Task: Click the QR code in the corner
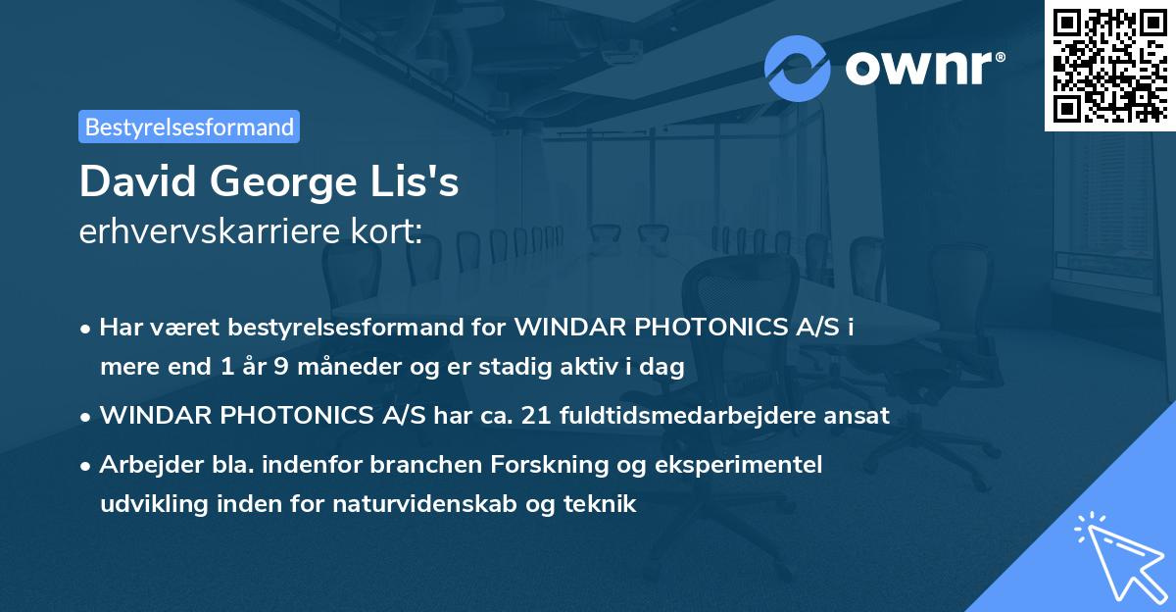(x=1109, y=65)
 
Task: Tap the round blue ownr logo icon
(x=798, y=68)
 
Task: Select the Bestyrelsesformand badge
(x=189, y=127)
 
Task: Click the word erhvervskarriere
(x=201, y=233)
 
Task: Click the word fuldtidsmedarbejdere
(x=691, y=416)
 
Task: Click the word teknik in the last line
(x=605, y=505)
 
